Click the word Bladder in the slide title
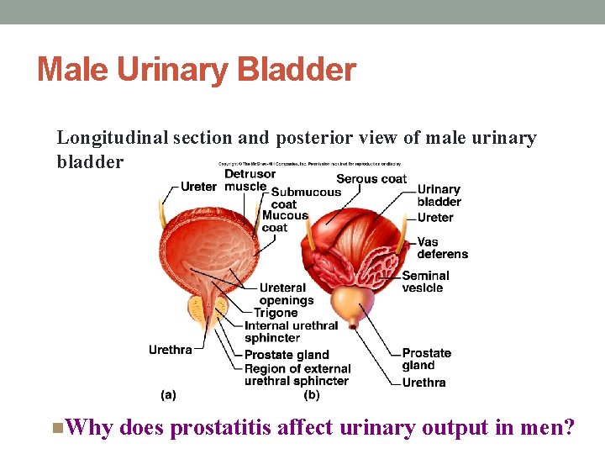pyautogui.click(x=303, y=70)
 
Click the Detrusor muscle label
pyautogui.click(x=249, y=180)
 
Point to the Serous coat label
pyautogui.click(x=371, y=178)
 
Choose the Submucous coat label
pyautogui.click(x=305, y=198)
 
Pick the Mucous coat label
pyautogui.click(x=285, y=221)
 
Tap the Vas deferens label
pyautogui.click(x=442, y=248)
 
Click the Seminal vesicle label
pyautogui.click(x=425, y=282)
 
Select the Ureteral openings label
pyautogui.click(x=286, y=294)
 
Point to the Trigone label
pyautogui.click(x=276, y=313)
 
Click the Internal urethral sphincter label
pyautogui.click(x=291, y=331)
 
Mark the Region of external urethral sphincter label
pyautogui.click(x=297, y=375)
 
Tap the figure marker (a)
pyautogui.click(x=168, y=393)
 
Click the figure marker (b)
pyautogui.click(x=312, y=393)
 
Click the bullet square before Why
pyautogui.click(x=55, y=428)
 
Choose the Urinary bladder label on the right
pyautogui.click(x=439, y=196)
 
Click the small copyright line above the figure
pyautogui.click(x=309, y=164)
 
